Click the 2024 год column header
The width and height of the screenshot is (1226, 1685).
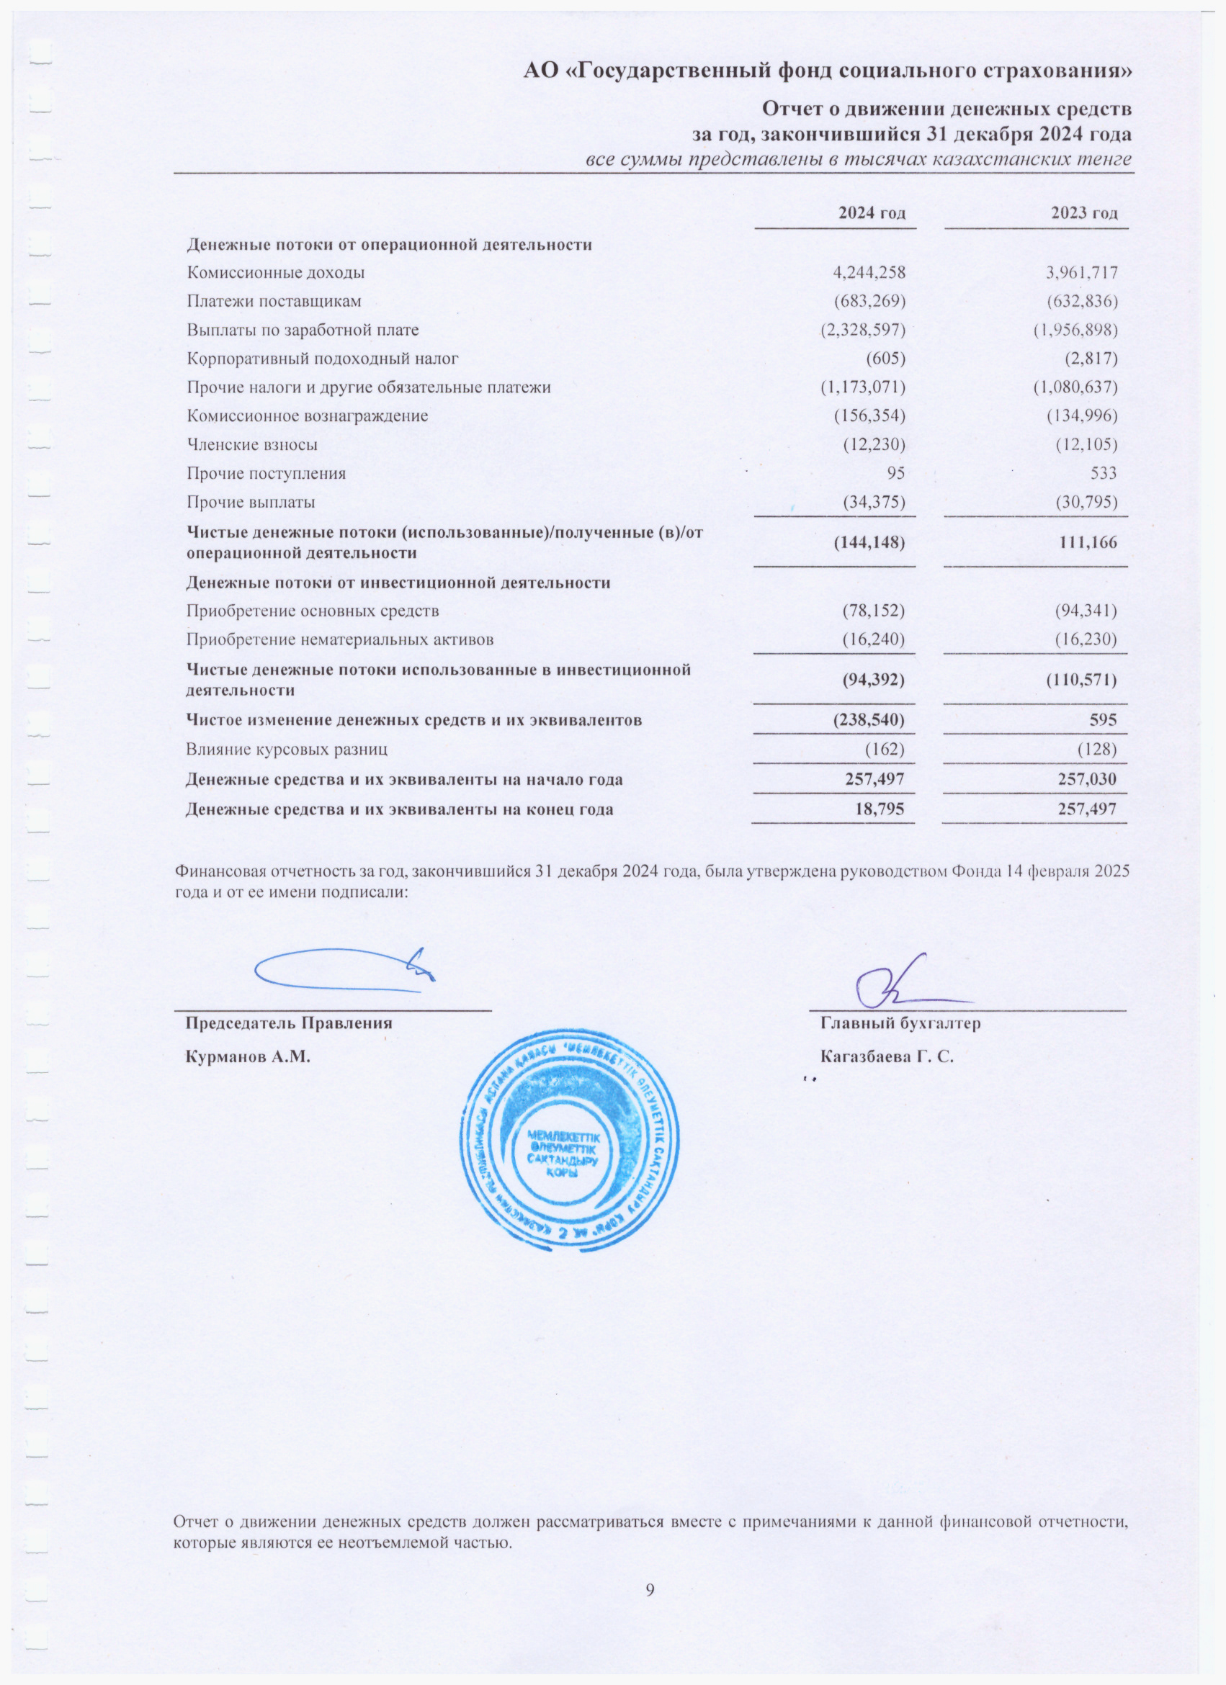tap(872, 214)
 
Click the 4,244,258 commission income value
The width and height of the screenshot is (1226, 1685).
tap(869, 273)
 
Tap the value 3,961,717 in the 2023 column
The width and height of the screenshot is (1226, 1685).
tap(1081, 273)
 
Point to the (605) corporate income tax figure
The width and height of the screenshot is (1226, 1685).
tap(885, 359)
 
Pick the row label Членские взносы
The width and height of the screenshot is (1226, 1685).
tap(252, 445)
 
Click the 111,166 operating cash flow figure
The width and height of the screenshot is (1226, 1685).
tap(1088, 542)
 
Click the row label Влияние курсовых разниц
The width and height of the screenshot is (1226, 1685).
tap(286, 750)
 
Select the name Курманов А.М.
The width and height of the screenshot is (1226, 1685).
tap(247, 1056)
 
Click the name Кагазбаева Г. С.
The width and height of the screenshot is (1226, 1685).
tap(887, 1056)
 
